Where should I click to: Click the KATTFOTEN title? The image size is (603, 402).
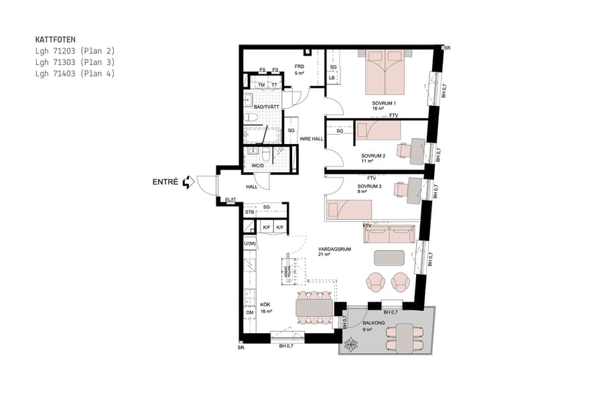click(x=55, y=40)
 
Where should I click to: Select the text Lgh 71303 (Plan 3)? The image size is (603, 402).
click(x=75, y=62)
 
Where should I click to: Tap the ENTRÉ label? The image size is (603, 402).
click(x=165, y=182)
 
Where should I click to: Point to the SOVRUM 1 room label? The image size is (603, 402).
click(x=385, y=103)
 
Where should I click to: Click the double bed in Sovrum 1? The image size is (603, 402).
click(x=385, y=72)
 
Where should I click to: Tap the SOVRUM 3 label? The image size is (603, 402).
click(x=369, y=187)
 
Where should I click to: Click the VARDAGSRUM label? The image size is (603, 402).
click(x=335, y=249)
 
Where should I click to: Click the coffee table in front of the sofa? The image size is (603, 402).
click(x=389, y=258)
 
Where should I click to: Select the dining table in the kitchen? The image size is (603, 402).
click(x=314, y=307)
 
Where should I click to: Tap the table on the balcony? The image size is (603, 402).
click(x=405, y=337)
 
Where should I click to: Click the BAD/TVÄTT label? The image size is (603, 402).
click(x=266, y=107)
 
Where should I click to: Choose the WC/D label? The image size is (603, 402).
click(x=258, y=165)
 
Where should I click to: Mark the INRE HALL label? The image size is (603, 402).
click(x=312, y=139)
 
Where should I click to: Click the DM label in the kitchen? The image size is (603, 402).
click(x=249, y=313)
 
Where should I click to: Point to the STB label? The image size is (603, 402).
click(x=249, y=212)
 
